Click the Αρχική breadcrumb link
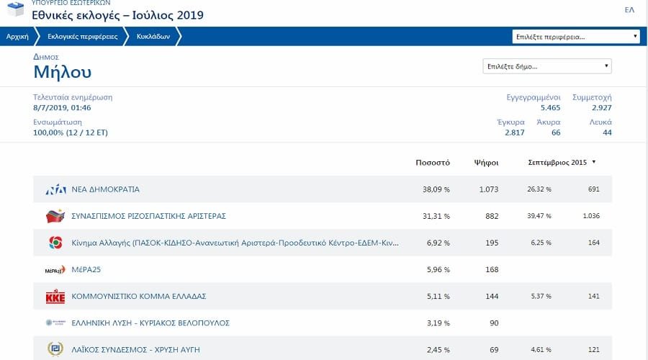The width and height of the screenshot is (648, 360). tap(17, 36)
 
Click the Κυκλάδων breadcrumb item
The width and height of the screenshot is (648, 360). tap(153, 36)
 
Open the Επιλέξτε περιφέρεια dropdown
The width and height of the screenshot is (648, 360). tap(576, 36)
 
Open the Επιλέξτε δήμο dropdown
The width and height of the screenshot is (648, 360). tap(546, 67)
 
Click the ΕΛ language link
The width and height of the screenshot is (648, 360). tap(629, 9)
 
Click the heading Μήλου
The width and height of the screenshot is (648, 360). tap(63, 72)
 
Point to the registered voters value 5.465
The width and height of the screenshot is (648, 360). tap(550, 107)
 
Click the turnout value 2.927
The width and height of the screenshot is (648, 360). tap(601, 107)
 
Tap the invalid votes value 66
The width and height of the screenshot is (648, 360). tap(556, 132)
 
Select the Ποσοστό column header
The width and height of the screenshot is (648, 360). tap(433, 162)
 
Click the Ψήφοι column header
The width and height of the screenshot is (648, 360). tap(486, 162)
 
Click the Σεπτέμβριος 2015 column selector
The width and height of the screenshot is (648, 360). tap(562, 162)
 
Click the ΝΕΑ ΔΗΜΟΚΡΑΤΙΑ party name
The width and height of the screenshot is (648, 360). tap(105, 189)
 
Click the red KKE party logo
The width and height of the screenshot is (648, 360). tap(55, 296)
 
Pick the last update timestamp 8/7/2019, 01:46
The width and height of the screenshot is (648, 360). tap(62, 107)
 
